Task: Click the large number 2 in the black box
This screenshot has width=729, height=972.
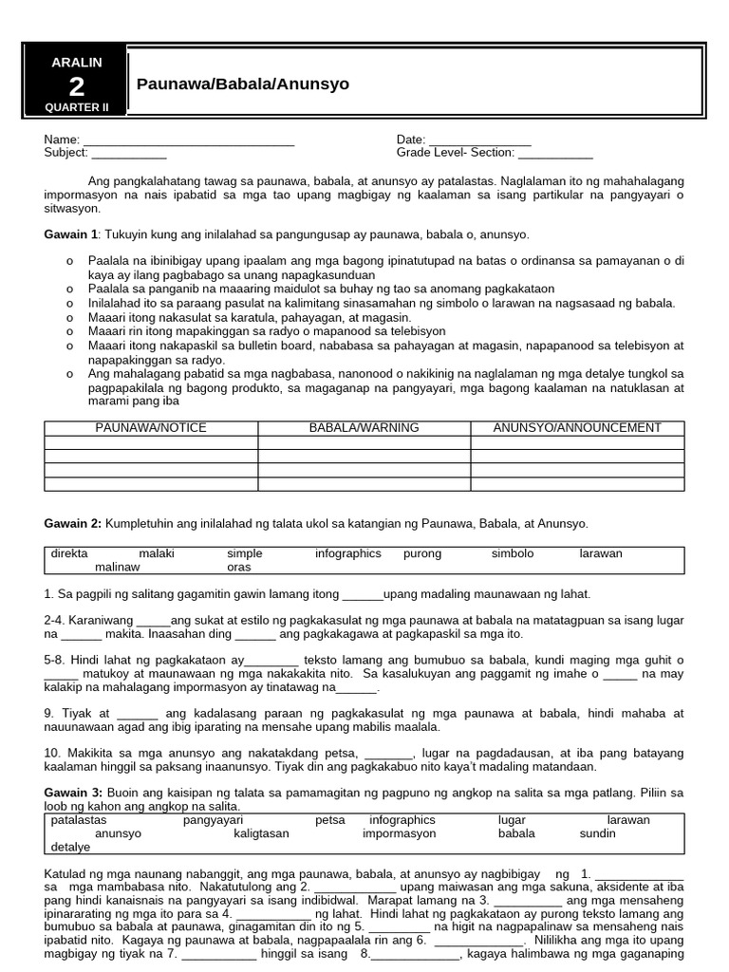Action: [76, 86]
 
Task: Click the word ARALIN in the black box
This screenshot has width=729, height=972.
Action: [76, 62]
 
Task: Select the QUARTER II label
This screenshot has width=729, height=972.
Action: [76, 107]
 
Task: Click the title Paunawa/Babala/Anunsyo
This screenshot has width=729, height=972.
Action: [243, 84]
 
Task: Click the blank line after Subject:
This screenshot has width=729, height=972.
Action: [129, 153]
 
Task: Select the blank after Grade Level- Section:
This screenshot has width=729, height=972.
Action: [555, 153]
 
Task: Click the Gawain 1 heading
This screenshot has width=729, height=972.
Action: [71, 234]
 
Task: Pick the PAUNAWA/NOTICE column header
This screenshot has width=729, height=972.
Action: [151, 428]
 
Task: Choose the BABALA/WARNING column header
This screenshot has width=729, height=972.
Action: [364, 428]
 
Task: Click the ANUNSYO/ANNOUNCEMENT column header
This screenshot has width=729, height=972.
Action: [577, 428]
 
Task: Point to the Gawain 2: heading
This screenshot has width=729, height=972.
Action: [73, 523]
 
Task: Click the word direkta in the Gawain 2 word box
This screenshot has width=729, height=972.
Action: [69, 553]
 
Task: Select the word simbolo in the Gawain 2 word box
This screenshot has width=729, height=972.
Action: [513, 553]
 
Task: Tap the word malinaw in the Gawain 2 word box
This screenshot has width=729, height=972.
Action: [117, 567]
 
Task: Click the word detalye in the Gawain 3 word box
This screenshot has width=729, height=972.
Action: [71, 847]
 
